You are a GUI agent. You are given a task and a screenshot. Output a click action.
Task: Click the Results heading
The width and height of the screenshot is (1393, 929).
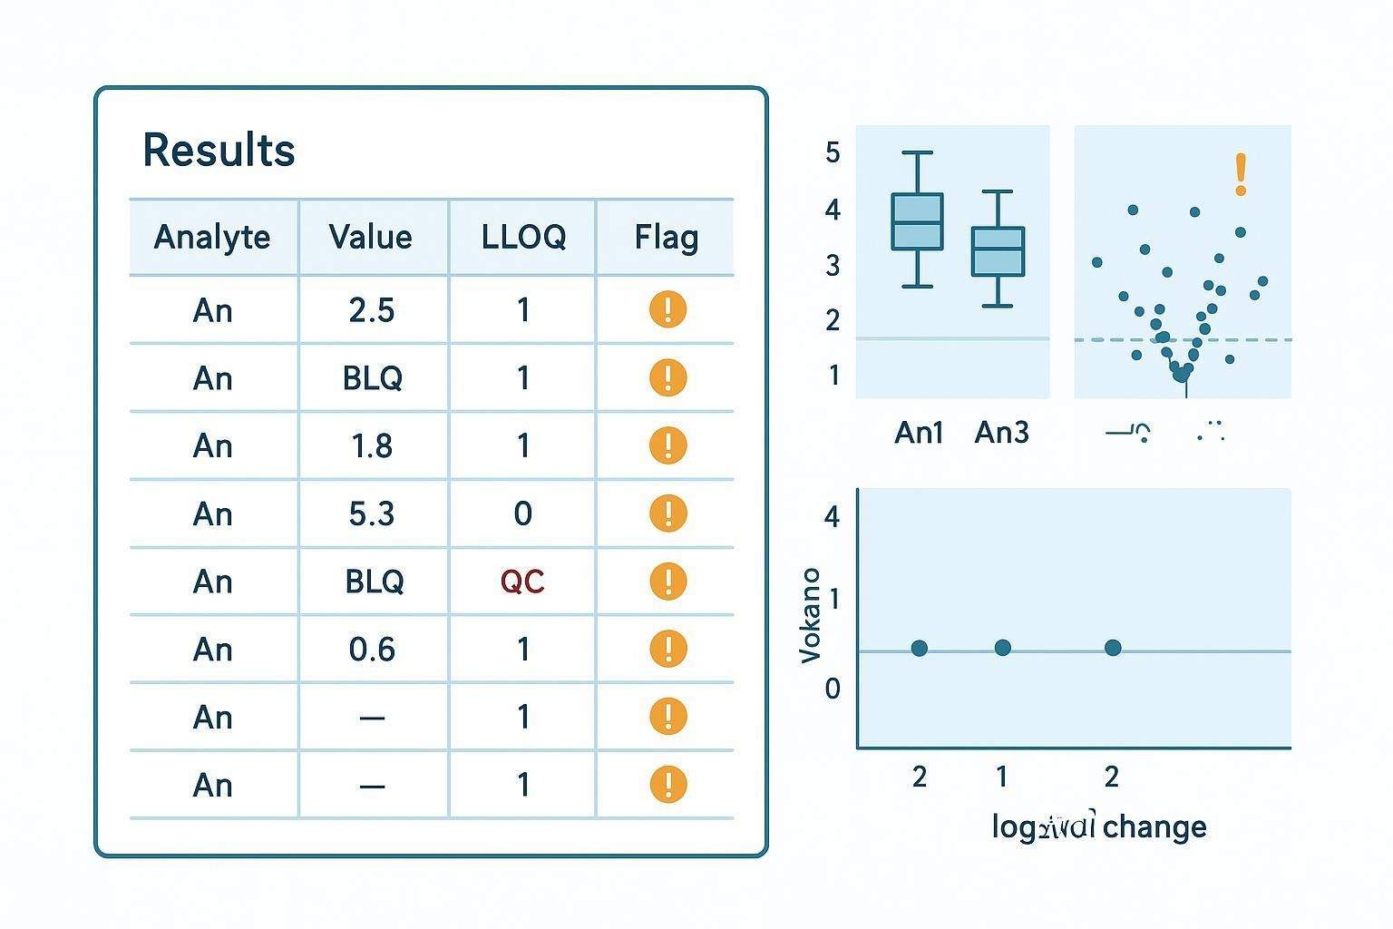[x=219, y=151]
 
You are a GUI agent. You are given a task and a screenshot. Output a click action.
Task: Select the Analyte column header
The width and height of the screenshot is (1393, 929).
[x=212, y=237]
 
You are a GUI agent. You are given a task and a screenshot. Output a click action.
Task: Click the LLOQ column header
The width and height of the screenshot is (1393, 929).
[x=523, y=237]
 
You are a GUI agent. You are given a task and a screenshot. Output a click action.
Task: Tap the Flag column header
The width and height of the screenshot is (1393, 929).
[x=667, y=237]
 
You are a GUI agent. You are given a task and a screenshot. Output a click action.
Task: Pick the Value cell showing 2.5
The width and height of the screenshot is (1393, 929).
[x=372, y=310]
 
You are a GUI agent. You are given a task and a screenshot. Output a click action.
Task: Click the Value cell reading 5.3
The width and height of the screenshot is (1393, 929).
[x=372, y=513]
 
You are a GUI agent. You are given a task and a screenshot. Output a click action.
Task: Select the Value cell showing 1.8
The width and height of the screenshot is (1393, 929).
[x=372, y=445]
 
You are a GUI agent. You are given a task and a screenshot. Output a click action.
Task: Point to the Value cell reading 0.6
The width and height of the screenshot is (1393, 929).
[x=372, y=649]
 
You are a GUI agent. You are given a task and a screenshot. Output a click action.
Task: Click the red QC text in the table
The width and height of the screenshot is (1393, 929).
[x=522, y=581]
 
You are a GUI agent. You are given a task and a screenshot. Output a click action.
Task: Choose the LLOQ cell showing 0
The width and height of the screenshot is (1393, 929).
[x=523, y=513]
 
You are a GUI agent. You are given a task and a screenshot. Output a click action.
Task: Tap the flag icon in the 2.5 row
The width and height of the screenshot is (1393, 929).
[x=667, y=309]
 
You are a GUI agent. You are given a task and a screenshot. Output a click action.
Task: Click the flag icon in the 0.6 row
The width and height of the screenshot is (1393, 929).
[x=667, y=649]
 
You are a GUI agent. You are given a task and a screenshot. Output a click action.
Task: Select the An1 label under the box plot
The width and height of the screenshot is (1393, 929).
[x=919, y=432]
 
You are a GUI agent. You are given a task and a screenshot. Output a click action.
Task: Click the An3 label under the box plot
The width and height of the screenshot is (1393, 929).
[x=1001, y=432]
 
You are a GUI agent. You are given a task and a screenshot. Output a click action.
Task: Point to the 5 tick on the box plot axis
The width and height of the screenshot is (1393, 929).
[x=833, y=152]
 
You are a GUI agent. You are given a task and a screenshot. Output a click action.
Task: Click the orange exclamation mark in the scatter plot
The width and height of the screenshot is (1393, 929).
[x=1241, y=174]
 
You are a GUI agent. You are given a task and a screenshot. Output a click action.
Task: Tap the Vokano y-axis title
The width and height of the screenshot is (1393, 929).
[x=810, y=615]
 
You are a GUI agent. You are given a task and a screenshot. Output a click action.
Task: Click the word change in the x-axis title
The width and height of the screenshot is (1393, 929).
[x=1154, y=826]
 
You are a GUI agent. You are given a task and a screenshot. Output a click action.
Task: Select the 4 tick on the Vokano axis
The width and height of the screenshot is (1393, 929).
[x=833, y=516]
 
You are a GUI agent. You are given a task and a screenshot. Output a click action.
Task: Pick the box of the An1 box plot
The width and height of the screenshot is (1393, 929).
[x=918, y=221]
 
